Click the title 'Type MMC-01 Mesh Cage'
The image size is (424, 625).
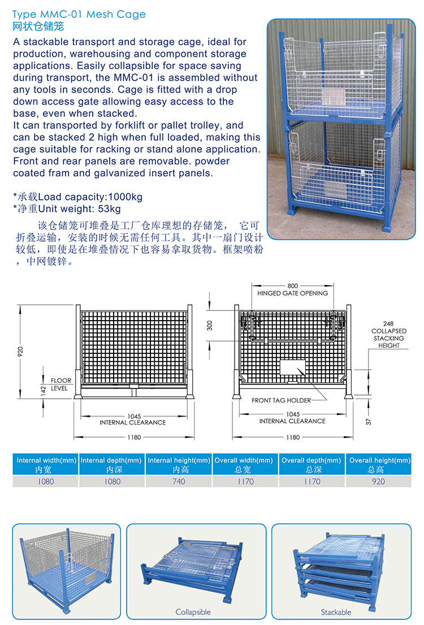(79, 14)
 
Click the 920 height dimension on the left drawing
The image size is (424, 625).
(21, 352)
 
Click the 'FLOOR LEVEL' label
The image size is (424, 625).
(60, 384)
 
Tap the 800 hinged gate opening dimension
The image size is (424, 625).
(292, 286)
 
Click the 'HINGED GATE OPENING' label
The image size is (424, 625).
(292, 294)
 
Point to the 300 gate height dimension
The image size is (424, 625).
(210, 325)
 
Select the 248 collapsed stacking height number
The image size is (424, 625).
(388, 324)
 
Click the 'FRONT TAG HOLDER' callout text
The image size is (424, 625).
(282, 400)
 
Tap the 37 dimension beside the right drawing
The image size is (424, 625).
(368, 421)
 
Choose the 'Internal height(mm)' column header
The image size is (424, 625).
(179, 461)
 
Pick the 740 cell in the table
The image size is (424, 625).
(179, 482)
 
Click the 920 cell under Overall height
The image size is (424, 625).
(378, 482)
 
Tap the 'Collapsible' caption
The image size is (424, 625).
(193, 612)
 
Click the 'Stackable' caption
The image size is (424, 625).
(336, 612)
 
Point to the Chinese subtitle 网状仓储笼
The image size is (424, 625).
(38, 27)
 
